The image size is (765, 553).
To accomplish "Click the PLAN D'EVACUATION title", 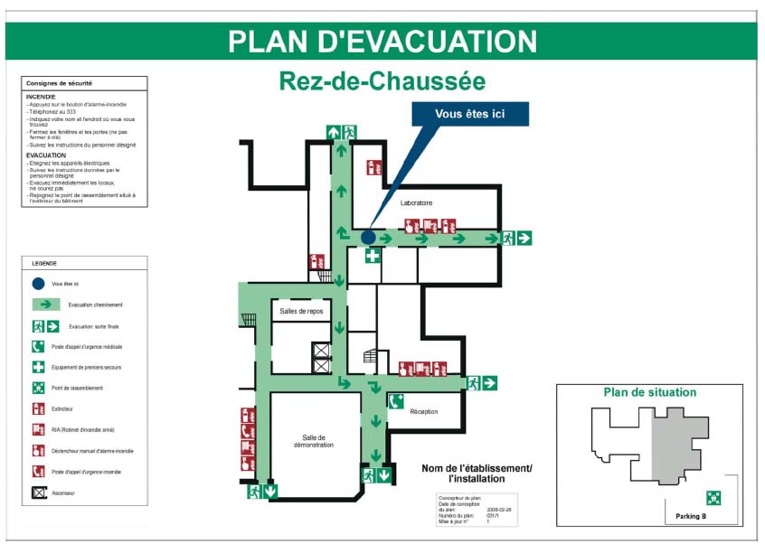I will point(382,42).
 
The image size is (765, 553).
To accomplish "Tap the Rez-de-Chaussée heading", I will point(382,81).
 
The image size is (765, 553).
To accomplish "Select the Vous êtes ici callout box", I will point(470,114).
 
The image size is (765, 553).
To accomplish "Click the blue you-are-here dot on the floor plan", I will point(368,237).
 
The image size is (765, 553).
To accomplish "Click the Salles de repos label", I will point(300,311).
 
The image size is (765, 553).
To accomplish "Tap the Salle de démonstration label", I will point(313,441).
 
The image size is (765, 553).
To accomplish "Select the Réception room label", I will point(423,411).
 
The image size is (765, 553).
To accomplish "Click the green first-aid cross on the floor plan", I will point(372,256).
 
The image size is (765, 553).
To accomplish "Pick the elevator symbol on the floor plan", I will point(321,352).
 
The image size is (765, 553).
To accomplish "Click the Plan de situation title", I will point(650,392).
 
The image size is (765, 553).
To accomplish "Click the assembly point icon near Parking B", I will point(713,497).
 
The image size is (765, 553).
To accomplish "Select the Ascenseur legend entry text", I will point(63,493).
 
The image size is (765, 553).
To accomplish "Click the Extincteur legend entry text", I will point(64,409).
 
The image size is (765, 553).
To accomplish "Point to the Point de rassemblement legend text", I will point(77,389).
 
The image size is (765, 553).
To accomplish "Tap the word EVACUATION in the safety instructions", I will point(46,155).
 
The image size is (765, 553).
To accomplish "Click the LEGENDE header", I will point(44,264).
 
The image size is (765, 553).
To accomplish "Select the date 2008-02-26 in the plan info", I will point(500,511).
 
